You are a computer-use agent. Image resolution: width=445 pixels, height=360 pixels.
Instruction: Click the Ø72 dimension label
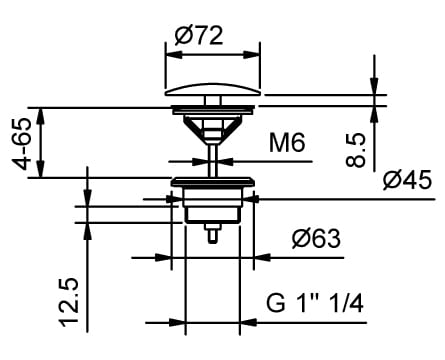[x=199, y=36]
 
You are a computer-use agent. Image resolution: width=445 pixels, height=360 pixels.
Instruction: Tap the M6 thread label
[x=287, y=143]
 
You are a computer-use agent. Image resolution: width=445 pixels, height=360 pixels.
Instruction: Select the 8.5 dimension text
[x=356, y=150]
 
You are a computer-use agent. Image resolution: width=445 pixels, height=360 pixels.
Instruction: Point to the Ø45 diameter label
[x=407, y=180]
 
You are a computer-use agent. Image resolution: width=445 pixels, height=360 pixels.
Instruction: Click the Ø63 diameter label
[x=316, y=239]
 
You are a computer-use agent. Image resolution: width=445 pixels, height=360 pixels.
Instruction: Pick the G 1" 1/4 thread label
[x=315, y=303]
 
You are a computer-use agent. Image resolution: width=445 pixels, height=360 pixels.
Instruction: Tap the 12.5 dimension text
[x=69, y=302]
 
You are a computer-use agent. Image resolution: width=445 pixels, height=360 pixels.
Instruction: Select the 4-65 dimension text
[x=22, y=144]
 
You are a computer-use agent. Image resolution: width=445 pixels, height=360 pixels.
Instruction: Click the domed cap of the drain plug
[x=213, y=89]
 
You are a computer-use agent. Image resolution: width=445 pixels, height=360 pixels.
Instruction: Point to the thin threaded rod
[x=213, y=160]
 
